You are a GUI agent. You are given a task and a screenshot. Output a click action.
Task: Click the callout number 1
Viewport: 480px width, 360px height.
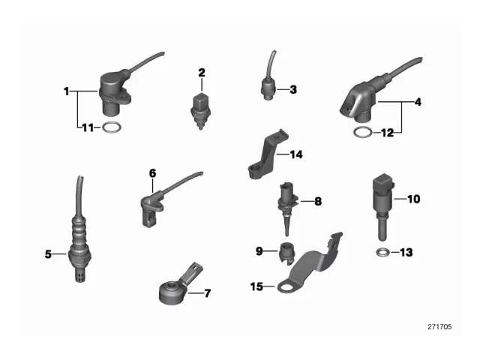(x=67, y=92)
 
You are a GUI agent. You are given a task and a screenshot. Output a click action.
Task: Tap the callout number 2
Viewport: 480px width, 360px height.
(x=201, y=73)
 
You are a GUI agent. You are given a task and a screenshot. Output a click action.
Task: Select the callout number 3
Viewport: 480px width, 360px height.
(x=293, y=90)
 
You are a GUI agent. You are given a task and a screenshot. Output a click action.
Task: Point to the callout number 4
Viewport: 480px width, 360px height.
(x=418, y=101)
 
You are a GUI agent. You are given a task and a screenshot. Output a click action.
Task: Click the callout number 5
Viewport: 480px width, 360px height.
(x=49, y=254)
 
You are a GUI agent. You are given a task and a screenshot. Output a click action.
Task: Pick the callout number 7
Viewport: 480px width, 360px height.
(x=208, y=292)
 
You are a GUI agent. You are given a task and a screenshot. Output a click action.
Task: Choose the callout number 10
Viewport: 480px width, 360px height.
(x=414, y=199)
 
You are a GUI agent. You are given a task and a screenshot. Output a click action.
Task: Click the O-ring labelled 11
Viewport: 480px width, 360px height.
(x=111, y=127)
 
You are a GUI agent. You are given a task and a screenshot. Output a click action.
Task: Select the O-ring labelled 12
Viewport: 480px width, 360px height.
(x=361, y=133)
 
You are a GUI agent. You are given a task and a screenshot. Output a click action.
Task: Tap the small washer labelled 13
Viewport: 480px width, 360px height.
(x=382, y=252)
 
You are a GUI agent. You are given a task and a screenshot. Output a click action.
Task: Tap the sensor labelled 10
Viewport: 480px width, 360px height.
(x=382, y=202)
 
